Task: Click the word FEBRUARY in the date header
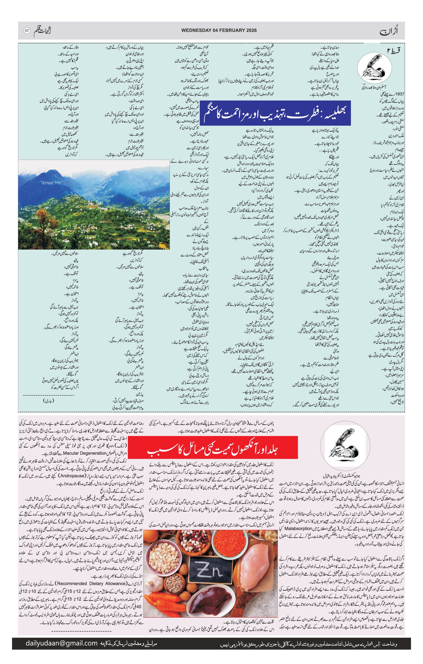point(233,30)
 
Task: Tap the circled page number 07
point(27,31)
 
